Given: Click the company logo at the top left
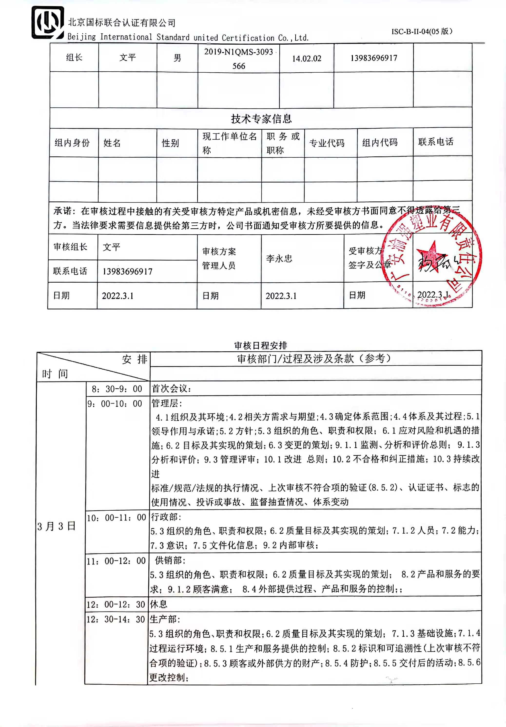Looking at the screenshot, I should (x=48, y=23).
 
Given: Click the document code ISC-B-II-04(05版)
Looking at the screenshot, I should (x=422, y=31).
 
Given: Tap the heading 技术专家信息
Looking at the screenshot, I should (x=261, y=119).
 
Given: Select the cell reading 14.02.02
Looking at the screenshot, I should (x=306, y=58).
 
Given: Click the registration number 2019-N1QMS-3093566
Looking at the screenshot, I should (x=239, y=58).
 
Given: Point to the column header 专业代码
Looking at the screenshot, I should (x=327, y=143).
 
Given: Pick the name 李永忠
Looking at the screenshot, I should (x=279, y=259).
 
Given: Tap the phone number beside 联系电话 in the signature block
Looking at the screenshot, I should (x=127, y=271).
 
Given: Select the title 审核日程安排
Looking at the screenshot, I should (x=261, y=345).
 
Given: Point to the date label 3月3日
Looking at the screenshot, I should (x=56, y=526).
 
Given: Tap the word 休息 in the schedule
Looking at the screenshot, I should (x=158, y=604).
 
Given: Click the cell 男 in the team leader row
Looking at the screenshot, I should (x=177, y=58).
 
